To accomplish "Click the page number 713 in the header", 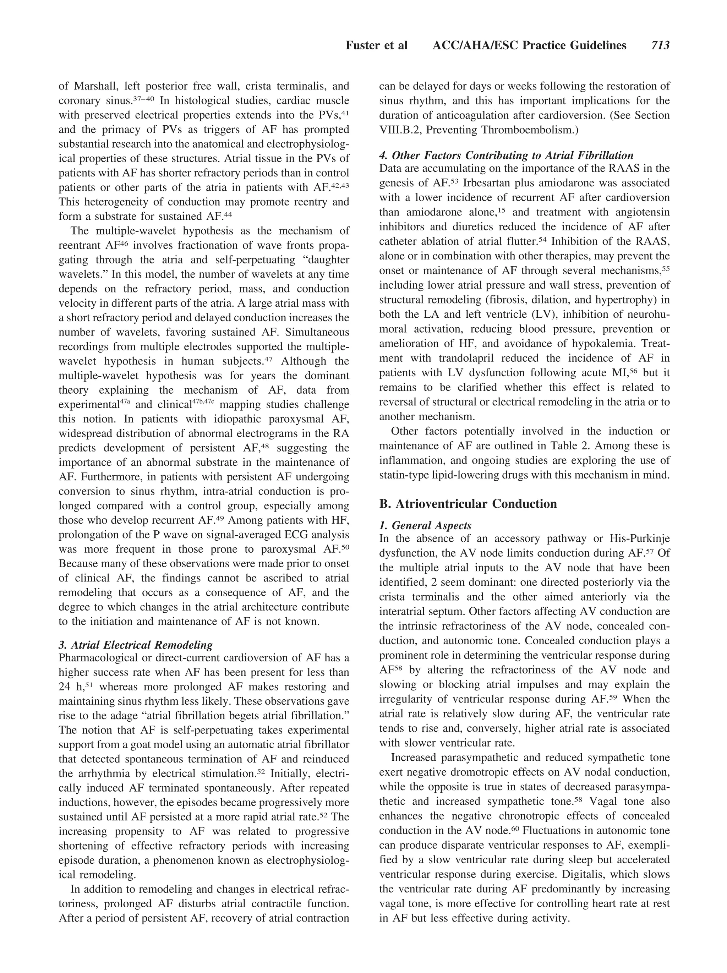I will pyautogui.click(x=660, y=45).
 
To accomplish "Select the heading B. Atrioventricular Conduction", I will pyautogui.click(x=468, y=504).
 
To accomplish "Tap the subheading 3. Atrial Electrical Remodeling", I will pyautogui.click(x=136, y=645).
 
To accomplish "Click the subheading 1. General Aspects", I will pyautogui.click(x=425, y=525).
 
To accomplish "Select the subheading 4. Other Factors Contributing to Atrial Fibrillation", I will pyautogui.click(x=506, y=155).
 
